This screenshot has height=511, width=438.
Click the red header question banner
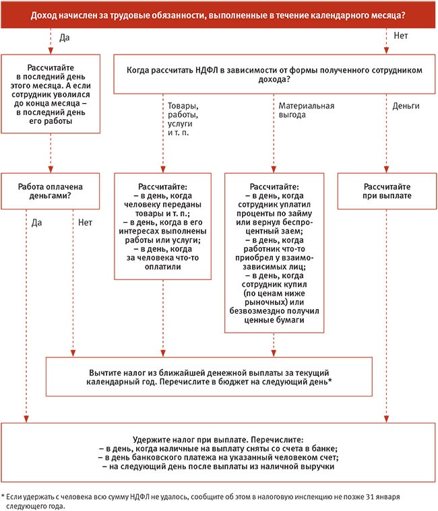(218, 13)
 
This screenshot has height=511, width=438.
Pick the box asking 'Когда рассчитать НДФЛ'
(272, 74)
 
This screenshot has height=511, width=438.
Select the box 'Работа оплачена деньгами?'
(51, 190)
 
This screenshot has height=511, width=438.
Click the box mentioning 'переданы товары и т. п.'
(162, 225)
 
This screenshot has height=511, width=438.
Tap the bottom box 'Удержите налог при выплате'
(218, 447)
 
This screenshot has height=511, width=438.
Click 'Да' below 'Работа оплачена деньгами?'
(36, 220)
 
